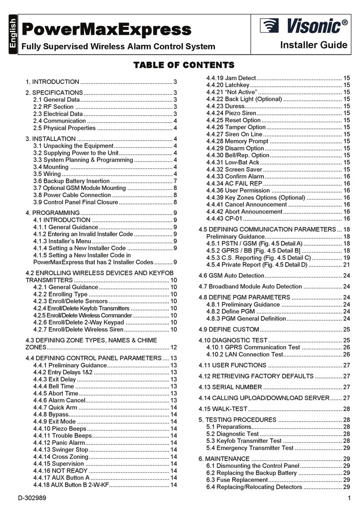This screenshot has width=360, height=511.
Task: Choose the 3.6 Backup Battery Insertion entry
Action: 71,181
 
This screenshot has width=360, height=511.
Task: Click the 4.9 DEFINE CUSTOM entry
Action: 229,329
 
